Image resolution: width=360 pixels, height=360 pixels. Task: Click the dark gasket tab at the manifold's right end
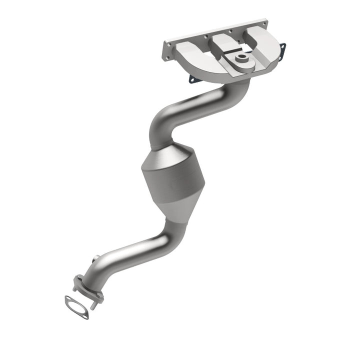282,48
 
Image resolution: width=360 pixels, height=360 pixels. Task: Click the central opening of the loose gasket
76,306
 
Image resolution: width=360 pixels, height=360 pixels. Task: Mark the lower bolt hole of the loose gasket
85,315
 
